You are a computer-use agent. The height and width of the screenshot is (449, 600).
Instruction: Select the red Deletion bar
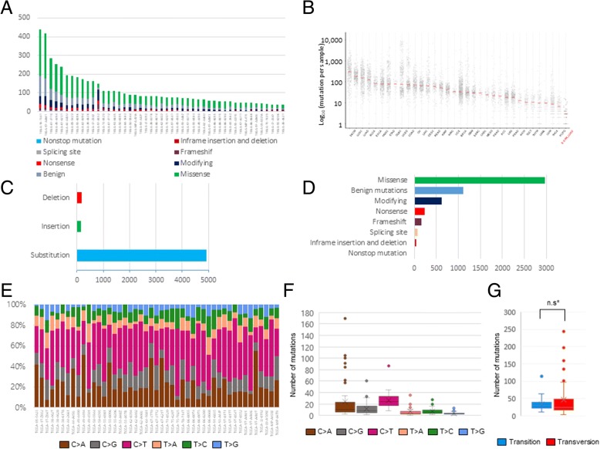79,198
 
